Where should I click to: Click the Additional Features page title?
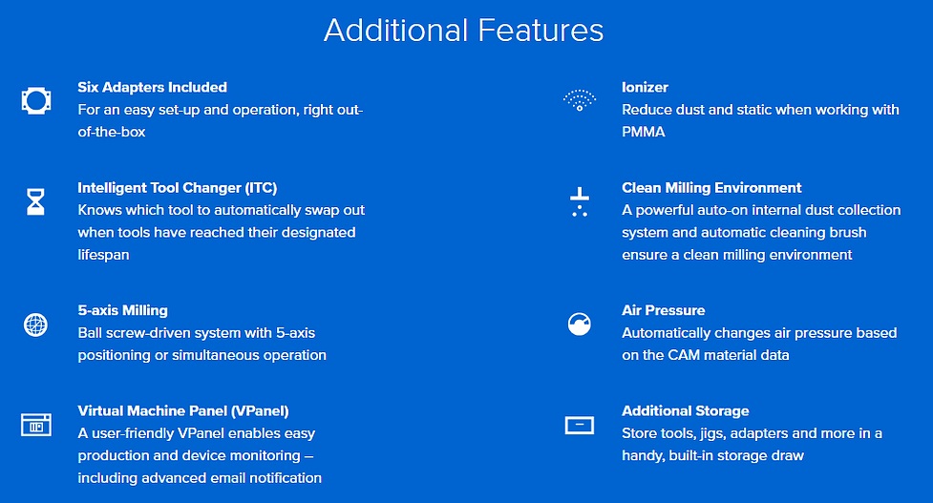point(463,31)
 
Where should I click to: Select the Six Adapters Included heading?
point(153,88)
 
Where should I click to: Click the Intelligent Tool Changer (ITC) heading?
point(178,188)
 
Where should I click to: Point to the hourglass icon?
point(35,201)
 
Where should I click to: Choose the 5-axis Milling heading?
point(122,310)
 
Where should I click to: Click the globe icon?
point(35,325)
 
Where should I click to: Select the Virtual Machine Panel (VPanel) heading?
point(183,410)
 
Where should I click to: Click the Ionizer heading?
point(645,88)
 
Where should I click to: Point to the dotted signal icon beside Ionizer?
point(580,100)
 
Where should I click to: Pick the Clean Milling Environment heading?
point(711,188)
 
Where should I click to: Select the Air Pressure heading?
point(664,310)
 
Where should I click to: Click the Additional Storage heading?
point(686,410)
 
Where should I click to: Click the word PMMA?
point(644,132)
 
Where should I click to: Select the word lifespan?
point(103,255)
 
